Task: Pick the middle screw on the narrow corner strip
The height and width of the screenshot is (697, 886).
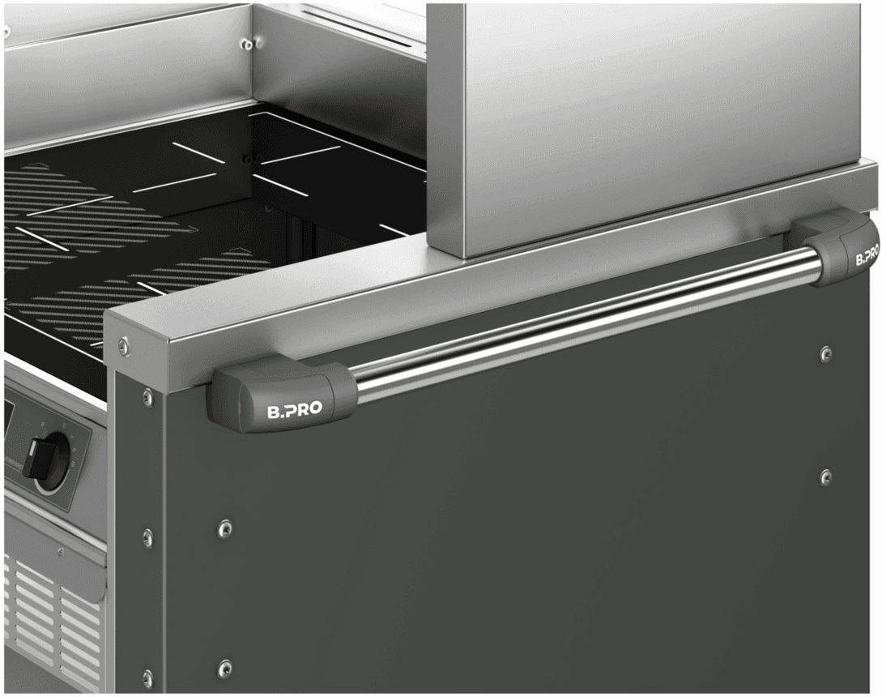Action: coord(147,536)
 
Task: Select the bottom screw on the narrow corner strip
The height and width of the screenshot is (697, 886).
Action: coord(147,677)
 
